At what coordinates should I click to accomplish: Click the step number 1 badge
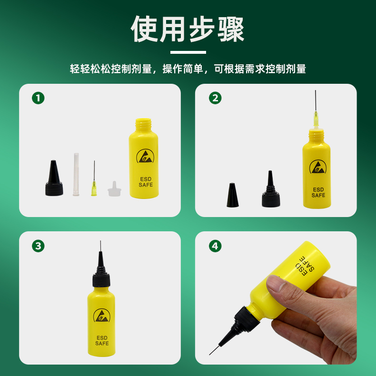[38, 98]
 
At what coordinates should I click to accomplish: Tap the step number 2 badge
[215, 98]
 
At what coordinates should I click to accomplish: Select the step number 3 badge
[38, 246]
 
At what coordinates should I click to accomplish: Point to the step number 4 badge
[215, 246]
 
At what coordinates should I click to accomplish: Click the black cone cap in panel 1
[54, 178]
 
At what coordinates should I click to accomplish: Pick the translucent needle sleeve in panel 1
[76, 174]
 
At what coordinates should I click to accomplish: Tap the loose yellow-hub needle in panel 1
[94, 178]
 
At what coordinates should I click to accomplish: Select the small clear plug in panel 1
[114, 189]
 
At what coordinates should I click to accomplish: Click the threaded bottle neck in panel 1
[143, 125]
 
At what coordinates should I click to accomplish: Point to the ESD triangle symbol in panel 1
[145, 156]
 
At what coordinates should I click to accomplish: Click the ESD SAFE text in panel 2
[318, 193]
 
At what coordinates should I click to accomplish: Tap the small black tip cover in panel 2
[232, 195]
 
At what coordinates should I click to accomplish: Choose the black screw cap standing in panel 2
[271, 189]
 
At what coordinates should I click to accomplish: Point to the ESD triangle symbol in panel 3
[102, 315]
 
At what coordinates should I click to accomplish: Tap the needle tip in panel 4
[209, 355]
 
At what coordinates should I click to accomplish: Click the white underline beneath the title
[188, 52]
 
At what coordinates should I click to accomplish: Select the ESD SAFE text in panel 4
[305, 266]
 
